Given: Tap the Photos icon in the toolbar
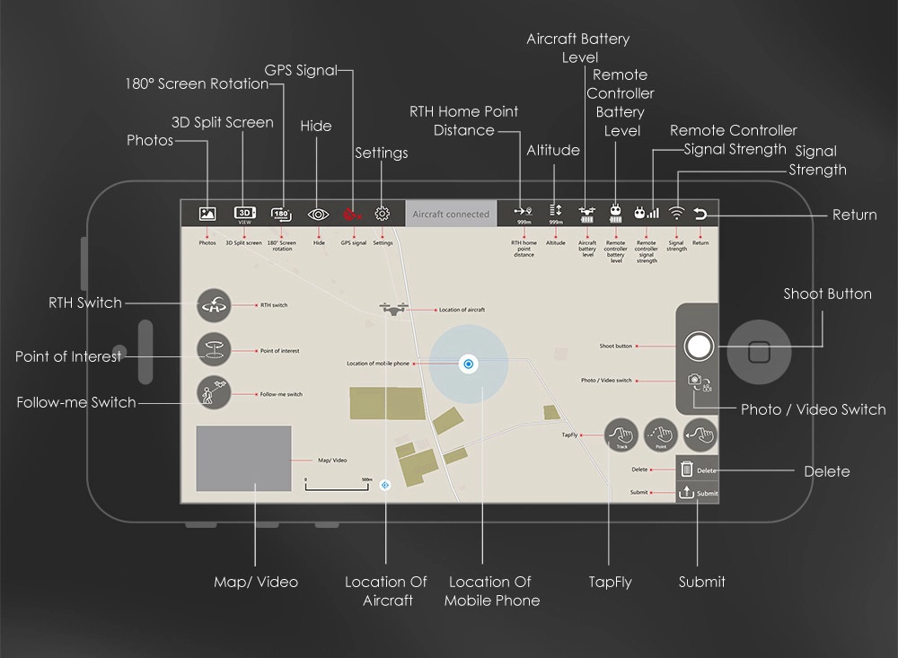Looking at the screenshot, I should (x=207, y=214).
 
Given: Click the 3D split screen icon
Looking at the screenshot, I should (x=245, y=214).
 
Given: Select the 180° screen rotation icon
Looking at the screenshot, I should (x=281, y=214).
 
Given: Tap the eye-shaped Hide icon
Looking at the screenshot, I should (x=318, y=214).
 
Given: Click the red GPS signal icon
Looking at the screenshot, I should (x=353, y=214).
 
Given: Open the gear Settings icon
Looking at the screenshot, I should (x=383, y=214).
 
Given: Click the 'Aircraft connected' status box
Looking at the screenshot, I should (x=451, y=214).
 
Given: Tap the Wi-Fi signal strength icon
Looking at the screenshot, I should (x=676, y=214).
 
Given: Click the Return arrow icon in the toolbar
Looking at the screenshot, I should (x=701, y=214).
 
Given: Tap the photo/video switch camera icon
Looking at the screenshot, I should (x=699, y=382).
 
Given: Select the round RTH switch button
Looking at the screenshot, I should (x=214, y=306).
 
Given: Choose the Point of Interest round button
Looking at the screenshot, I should (x=214, y=349).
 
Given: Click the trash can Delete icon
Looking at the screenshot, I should (x=687, y=469).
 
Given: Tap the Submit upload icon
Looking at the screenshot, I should (x=687, y=492).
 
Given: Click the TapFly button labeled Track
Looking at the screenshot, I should (x=621, y=435).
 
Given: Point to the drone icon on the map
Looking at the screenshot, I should (x=393, y=309).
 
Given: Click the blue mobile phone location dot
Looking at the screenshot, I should (x=468, y=364).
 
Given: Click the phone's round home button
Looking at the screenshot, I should (x=759, y=350).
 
